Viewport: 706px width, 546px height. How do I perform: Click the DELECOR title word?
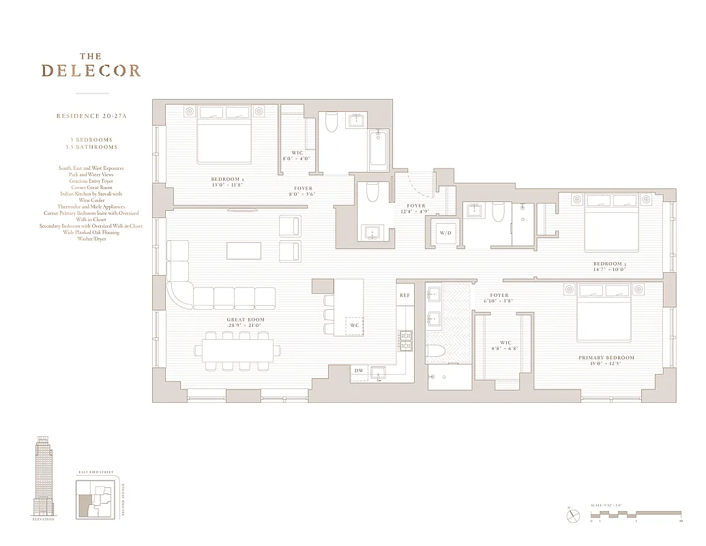point(91,70)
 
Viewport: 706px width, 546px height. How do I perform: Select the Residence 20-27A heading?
point(91,117)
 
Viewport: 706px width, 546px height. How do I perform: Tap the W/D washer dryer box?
point(445,233)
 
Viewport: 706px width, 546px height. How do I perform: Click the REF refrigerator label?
point(405,295)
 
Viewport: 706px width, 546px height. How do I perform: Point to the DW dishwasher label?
point(359,371)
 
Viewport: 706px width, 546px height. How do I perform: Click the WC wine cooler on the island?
point(355,326)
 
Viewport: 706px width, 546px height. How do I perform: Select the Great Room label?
point(246,319)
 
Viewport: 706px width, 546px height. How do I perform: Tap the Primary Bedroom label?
point(606,358)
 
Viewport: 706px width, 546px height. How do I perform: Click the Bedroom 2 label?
point(226,179)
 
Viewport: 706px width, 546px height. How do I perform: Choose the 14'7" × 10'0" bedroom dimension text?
point(608,270)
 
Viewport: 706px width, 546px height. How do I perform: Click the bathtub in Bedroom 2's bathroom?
point(379,151)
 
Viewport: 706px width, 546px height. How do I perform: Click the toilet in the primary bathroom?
point(435,352)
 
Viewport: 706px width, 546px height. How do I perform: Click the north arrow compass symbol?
point(572,516)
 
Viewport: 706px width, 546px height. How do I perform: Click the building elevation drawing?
point(44,477)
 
